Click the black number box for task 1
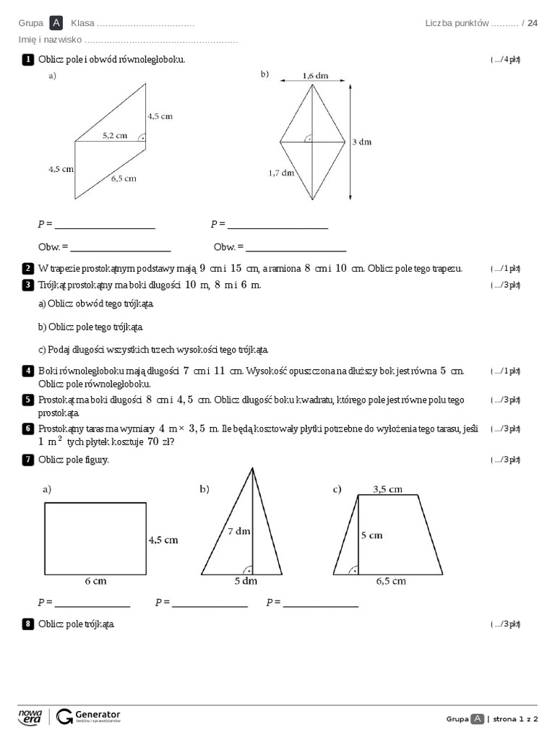[27, 59]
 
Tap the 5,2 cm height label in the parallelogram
[114, 135]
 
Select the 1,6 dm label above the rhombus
[314, 75]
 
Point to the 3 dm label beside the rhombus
[361, 142]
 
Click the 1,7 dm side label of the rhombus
[281, 173]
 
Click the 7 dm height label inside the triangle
[238, 531]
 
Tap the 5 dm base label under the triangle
[246, 580]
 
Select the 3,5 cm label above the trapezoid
[387, 489]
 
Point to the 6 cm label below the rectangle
[95, 580]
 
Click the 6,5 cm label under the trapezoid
[390, 580]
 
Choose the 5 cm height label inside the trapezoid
[371, 535]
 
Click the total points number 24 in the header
[533, 23]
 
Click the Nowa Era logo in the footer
[30, 716]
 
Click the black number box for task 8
[27, 624]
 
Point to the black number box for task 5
[27, 400]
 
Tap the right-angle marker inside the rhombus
[308, 137]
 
